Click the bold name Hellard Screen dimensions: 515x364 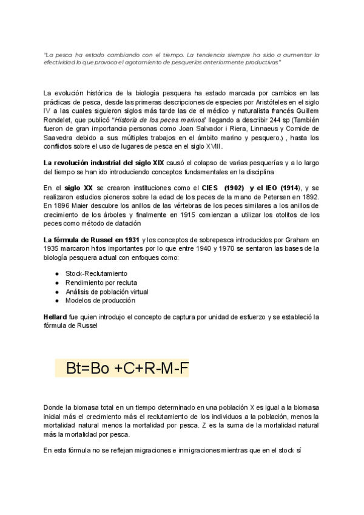(x=55, y=317)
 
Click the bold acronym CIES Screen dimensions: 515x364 (x=201, y=188)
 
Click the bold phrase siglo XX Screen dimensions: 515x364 (x=79, y=188)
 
